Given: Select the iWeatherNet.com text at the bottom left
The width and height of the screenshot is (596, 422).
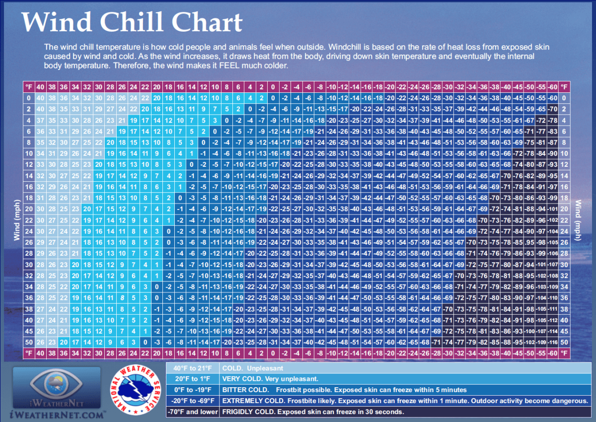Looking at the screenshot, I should [58, 414].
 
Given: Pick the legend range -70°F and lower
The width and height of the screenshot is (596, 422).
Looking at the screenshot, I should [192, 412].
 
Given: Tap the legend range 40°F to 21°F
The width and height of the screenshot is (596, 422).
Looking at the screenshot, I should [192, 368].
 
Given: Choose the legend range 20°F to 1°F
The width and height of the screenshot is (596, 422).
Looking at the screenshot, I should [192, 379].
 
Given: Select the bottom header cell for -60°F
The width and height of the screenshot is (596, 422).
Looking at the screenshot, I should [553, 352].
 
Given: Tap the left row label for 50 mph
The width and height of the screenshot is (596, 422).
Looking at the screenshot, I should [29, 342].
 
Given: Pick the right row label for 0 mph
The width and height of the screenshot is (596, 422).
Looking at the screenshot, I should [565, 98].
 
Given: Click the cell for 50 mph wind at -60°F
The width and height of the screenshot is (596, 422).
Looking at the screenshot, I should [553, 342].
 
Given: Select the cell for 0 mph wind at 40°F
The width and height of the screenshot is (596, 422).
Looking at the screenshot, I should [40, 98].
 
